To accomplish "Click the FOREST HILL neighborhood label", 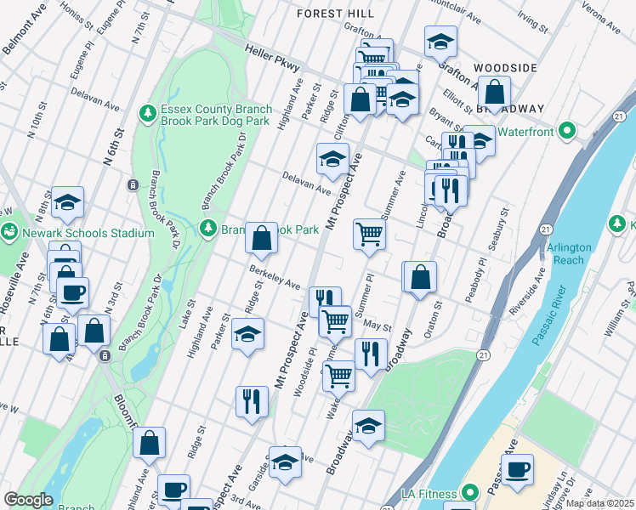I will pyautogui.click(x=334, y=14).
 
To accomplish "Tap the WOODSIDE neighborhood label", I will pyautogui.click(x=505, y=67).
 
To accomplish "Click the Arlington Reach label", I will pyautogui.click(x=569, y=253).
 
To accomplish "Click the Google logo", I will pyautogui.click(x=28, y=500).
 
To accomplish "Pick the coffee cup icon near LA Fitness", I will pyautogui.click(x=517, y=469).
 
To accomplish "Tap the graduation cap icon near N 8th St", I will pyautogui.click(x=67, y=202).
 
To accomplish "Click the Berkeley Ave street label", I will pyautogui.click(x=275, y=276).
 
